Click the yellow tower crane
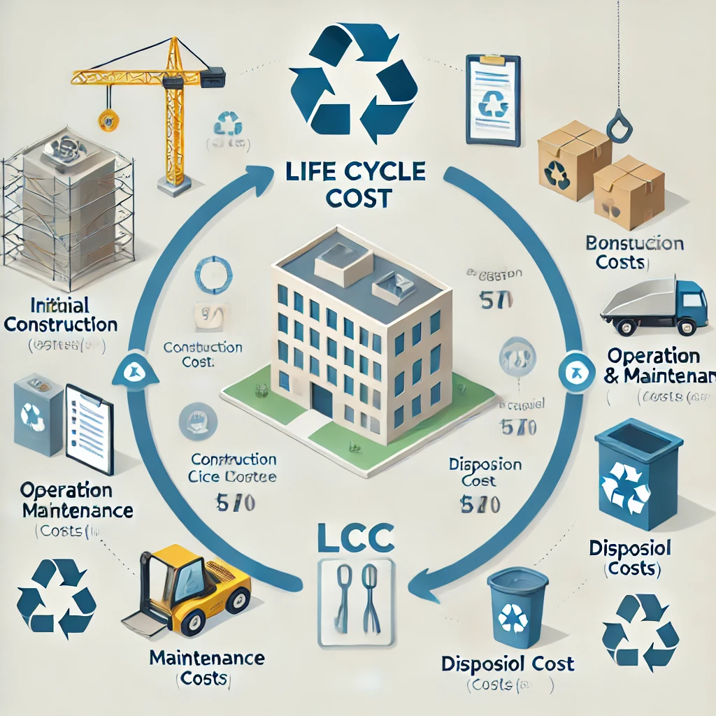pos(169,105)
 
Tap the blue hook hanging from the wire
pos(617,126)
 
